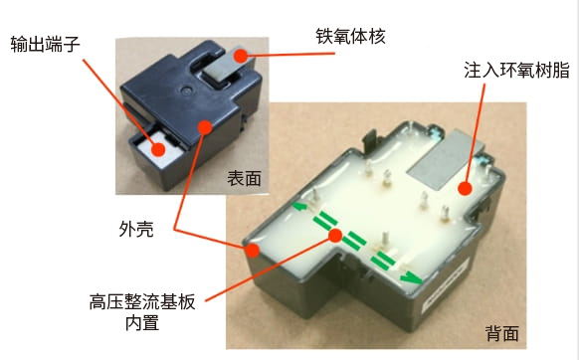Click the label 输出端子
[x=45, y=45]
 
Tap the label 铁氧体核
[x=351, y=36]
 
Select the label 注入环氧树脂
[x=517, y=70]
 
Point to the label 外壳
[x=136, y=229]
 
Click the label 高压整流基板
[x=142, y=302]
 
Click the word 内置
[x=142, y=323]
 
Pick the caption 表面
[x=244, y=179]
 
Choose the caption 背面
[x=502, y=333]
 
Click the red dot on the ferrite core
[x=241, y=56]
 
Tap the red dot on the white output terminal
[x=158, y=149]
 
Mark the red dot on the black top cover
[x=205, y=127]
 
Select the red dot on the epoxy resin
[x=465, y=189]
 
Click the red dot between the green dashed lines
[x=335, y=236]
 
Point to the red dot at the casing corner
[x=253, y=251]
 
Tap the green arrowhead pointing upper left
[x=299, y=205]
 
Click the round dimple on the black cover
[x=187, y=90]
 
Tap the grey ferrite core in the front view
[x=222, y=66]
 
